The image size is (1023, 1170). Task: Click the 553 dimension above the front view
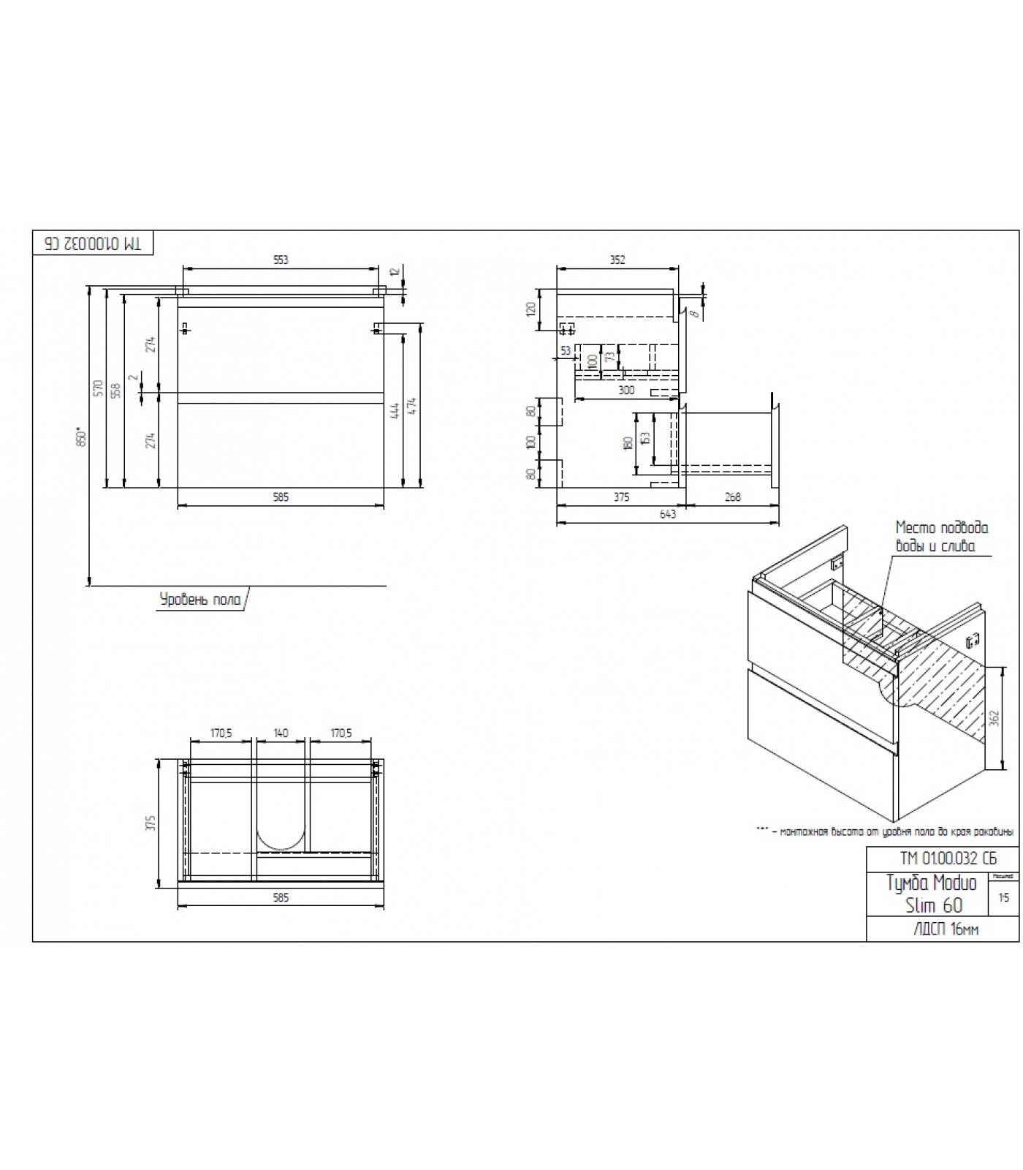point(281,260)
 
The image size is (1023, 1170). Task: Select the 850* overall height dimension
point(82,437)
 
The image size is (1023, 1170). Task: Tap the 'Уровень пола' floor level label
point(200,600)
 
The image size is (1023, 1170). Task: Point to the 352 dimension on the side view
point(617,260)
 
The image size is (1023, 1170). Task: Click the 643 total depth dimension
point(667,514)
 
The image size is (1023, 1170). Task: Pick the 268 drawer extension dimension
point(732,497)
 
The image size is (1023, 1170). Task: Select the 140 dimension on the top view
point(281,733)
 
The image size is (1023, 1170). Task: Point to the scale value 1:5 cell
point(1003,898)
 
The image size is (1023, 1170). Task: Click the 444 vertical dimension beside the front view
point(395,409)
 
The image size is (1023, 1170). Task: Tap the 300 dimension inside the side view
point(626,390)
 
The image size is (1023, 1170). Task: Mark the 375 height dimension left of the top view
point(151,823)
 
